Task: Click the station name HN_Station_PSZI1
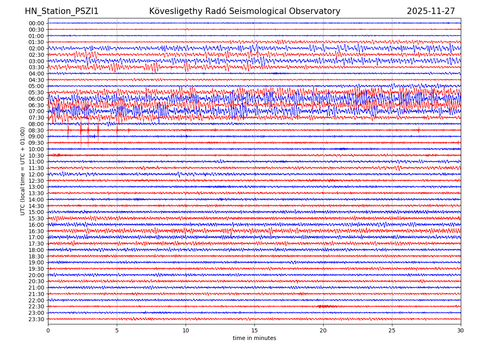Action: pyautogui.click(x=62, y=12)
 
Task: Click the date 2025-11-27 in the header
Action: pyautogui.click(x=431, y=12)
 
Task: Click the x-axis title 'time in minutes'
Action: pyautogui.click(x=254, y=338)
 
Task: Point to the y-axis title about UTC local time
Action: pyautogui.click(x=23, y=171)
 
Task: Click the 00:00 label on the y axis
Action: pyautogui.click(x=36, y=23)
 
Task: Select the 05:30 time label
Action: pyautogui.click(x=36, y=92)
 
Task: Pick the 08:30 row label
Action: pyautogui.click(x=36, y=130)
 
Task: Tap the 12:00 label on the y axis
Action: pyautogui.click(x=36, y=174)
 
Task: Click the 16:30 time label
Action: pyautogui.click(x=36, y=231)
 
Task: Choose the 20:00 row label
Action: pyautogui.click(x=36, y=275)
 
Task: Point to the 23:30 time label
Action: pyautogui.click(x=36, y=319)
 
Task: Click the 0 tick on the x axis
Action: pyautogui.click(x=48, y=331)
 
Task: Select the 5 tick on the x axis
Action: pyautogui.click(x=117, y=331)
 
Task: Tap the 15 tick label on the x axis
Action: pyautogui.click(x=254, y=331)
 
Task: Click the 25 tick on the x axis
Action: pyautogui.click(x=392, y=331)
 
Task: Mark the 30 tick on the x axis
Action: pyautogui.click(x=461, y=331)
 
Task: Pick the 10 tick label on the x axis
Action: pyautogui.click(x=186, y=331)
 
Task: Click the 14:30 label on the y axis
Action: pyautogui.click(x=36, y=206)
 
